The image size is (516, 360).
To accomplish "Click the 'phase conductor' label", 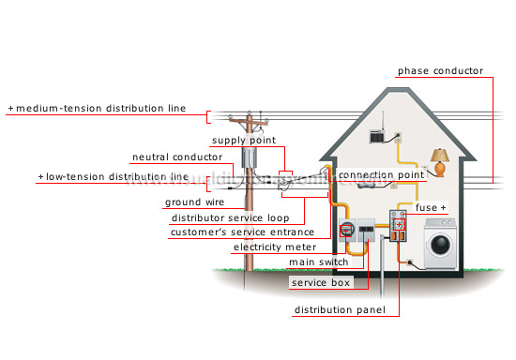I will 440,71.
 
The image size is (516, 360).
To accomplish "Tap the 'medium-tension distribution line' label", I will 108,110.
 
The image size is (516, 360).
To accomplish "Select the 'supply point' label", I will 244,141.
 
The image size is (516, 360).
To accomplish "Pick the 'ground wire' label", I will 193,202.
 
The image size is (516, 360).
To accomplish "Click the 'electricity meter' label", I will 275,247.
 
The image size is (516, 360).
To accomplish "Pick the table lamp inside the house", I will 437,160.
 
